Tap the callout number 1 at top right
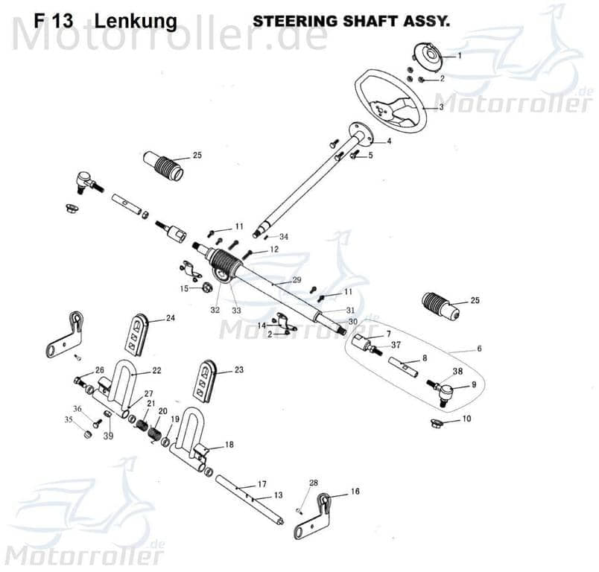point(459,56)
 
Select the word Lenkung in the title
point(136,21)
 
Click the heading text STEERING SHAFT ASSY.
point(351,20)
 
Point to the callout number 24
point(170,318)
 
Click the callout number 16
point(355,492)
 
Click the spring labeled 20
point(153,430)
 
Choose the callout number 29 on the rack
point(296,280)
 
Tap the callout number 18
point(229,445)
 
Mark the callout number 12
point(274,250)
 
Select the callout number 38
point(457,370)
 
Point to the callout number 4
point(388,141)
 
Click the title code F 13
point(53,21)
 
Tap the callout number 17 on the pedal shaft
point(262,484)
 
